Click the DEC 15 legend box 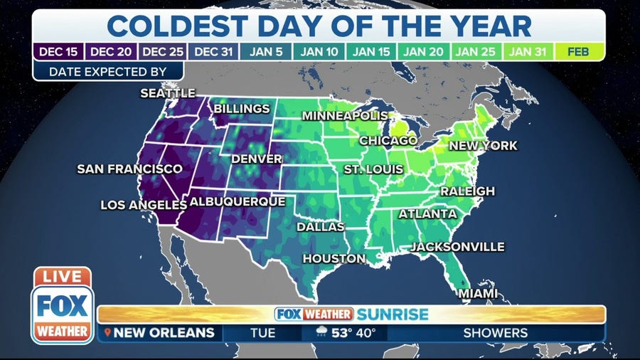tap(58, 51)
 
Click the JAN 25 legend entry tap(476, 51)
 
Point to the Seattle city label tap(168, 93)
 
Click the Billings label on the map tap(242, 109)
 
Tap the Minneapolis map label tap(345, 115)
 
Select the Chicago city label tap(388, 141)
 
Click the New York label tap(483, 146)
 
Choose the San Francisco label tap(129, 169)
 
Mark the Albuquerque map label tap(237, 201)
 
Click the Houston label tap(334, 258)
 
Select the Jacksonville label tap(457, 247)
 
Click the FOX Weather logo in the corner tap(62, 312)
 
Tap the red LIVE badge tap(62, 277)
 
